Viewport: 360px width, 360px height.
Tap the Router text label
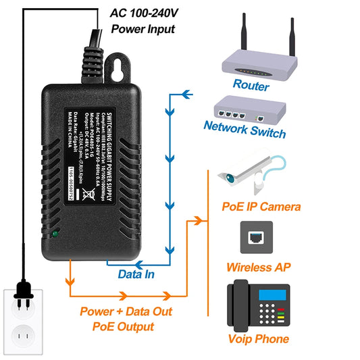pos(251,86)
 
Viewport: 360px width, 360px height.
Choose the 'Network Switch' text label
pos(245,130)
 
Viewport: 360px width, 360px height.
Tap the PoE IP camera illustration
pos(250,172)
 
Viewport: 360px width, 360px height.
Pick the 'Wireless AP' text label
pos(259,267)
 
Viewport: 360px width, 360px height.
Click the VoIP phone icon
pos(258,305)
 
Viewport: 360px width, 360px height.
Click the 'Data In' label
pos(136,274)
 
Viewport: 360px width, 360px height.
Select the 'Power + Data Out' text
pos(126,312)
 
